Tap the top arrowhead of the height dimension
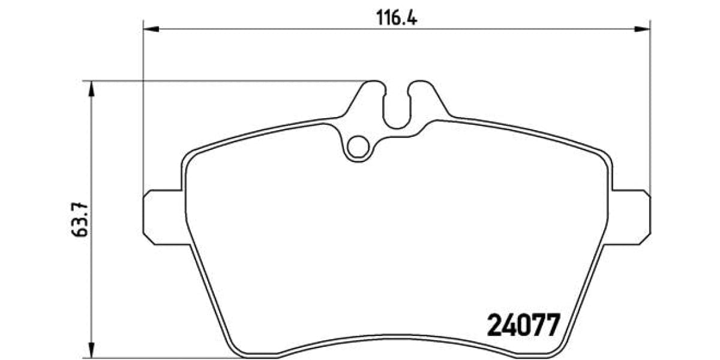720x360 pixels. (91, 88)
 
